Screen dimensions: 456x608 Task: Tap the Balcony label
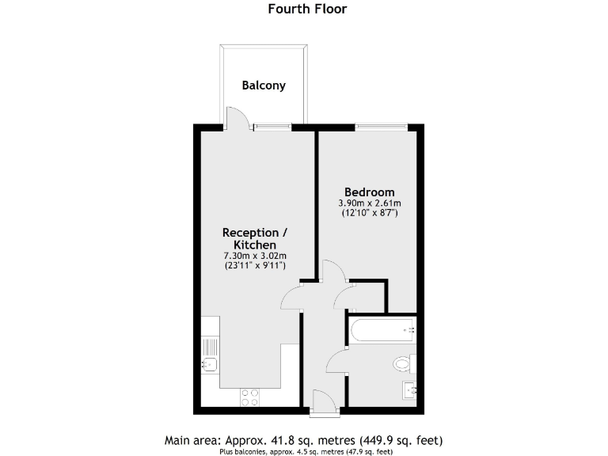tap(264, 85)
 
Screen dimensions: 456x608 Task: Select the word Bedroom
tap(369, 192)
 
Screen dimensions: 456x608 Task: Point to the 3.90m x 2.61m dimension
tap(369, 203)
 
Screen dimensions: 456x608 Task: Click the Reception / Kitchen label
tap(250, 239)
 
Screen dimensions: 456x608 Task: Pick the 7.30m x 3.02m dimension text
tap(254, 256)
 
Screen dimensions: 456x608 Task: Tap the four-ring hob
tap(251, 395)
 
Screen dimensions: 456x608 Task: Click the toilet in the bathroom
tap(403, 364)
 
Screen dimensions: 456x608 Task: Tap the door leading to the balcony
tap(237, 119)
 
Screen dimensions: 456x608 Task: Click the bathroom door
tap(336, 361)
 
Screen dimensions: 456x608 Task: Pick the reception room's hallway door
tap(291, 298)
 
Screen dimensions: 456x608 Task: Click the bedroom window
tap(381, 125)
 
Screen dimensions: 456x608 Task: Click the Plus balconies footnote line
tap(306, 452)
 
